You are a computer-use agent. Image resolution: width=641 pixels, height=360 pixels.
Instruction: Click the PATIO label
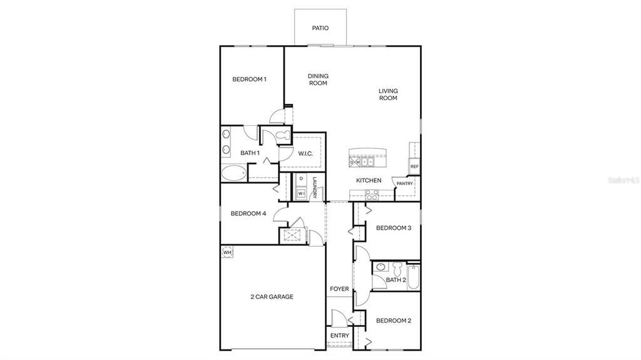320,28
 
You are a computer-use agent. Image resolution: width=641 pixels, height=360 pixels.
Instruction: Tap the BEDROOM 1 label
249,79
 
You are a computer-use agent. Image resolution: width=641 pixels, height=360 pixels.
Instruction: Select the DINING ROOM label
318,80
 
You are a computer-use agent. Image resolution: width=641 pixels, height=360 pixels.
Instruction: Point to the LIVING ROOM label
388,95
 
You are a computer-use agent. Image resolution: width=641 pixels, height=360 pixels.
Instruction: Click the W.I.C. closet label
305,153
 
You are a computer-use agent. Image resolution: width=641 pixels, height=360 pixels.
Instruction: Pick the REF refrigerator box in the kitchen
414,167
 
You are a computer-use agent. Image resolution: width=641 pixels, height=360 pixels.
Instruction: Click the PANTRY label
404,183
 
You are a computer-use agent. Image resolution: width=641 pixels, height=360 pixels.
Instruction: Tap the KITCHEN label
369,180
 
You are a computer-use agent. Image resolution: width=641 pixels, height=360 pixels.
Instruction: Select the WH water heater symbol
227,252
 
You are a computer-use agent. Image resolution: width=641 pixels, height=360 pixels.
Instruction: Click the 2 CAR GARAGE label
272,297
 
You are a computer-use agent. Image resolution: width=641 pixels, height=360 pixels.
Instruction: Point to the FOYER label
339,289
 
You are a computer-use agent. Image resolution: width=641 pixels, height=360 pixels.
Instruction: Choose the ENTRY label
339,336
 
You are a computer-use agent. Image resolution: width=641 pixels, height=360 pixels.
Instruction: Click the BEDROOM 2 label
393,321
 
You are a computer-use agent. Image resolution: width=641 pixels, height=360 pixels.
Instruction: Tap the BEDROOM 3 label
393,228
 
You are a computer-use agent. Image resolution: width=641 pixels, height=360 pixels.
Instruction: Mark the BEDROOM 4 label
249,213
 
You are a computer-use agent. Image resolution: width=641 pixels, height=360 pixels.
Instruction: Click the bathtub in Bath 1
233,173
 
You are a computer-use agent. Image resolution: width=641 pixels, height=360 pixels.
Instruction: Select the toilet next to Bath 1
279,135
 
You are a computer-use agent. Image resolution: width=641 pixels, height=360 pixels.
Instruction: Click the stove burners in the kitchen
371,195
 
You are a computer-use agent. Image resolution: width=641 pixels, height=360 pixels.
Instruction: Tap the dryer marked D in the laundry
301,179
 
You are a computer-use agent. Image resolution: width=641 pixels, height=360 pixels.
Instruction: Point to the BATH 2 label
396,280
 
